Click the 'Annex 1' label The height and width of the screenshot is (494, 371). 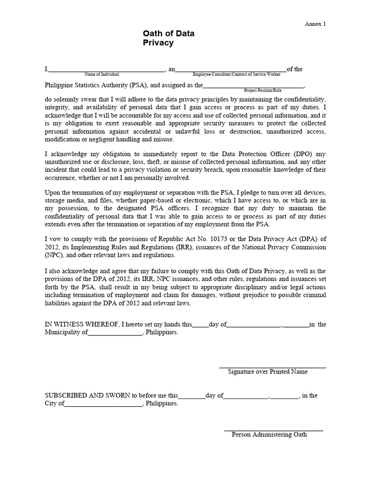[x=315, y=24]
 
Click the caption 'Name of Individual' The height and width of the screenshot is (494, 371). [x=102, y=75]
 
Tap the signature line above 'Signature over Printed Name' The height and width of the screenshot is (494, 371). [x=272, y=368]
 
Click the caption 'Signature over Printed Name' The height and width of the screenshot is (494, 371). [x=268, y=372]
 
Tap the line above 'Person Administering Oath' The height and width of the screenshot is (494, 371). [x=273, y=430]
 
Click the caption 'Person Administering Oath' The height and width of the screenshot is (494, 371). [x=269, y=434]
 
